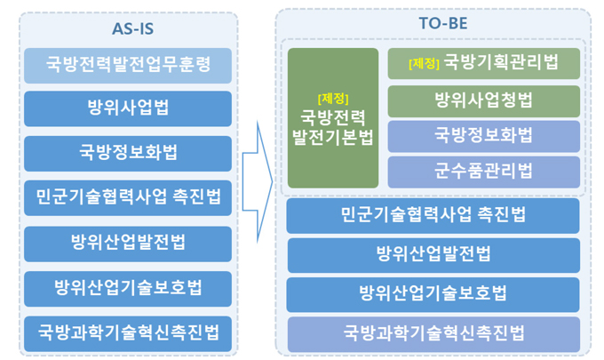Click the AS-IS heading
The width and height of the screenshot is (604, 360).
[x=132, y=29]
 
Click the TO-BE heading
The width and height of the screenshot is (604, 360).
[x=443, y=23]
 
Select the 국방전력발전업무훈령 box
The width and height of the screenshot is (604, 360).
[x=128, y=66]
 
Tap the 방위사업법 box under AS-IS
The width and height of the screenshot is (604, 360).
[x=128, y=108]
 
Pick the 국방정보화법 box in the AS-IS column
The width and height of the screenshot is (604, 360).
[x=128, y=154]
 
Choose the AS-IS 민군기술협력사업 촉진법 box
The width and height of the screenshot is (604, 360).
[x=128, y=197]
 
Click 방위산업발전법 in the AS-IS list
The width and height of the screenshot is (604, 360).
[x=128, y=244]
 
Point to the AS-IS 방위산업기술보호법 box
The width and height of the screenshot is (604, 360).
[x=128, y=289]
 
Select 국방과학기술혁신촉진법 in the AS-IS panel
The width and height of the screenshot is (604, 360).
[x=128, y=334]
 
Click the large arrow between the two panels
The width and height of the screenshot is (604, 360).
[x=258, y=181]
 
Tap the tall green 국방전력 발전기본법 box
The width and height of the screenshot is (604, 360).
[x=333, y=118]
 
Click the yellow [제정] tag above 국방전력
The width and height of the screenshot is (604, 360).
[x=333, y=99]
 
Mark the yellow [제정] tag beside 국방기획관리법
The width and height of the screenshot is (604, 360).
[x=424, y=63]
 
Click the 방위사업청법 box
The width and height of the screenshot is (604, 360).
[x=484, y=101]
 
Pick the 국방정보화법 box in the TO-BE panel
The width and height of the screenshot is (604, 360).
[x=484, y=137]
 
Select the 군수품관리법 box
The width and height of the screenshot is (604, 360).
[x=484, y=172]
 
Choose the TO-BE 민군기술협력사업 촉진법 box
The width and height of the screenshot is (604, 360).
[x=433, y=216]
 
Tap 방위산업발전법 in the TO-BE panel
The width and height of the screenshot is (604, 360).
[x=433, y=255]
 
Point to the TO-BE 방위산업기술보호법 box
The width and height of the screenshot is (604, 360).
[x=433, y=294]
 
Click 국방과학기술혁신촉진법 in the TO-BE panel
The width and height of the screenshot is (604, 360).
[x=433, y=334]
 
